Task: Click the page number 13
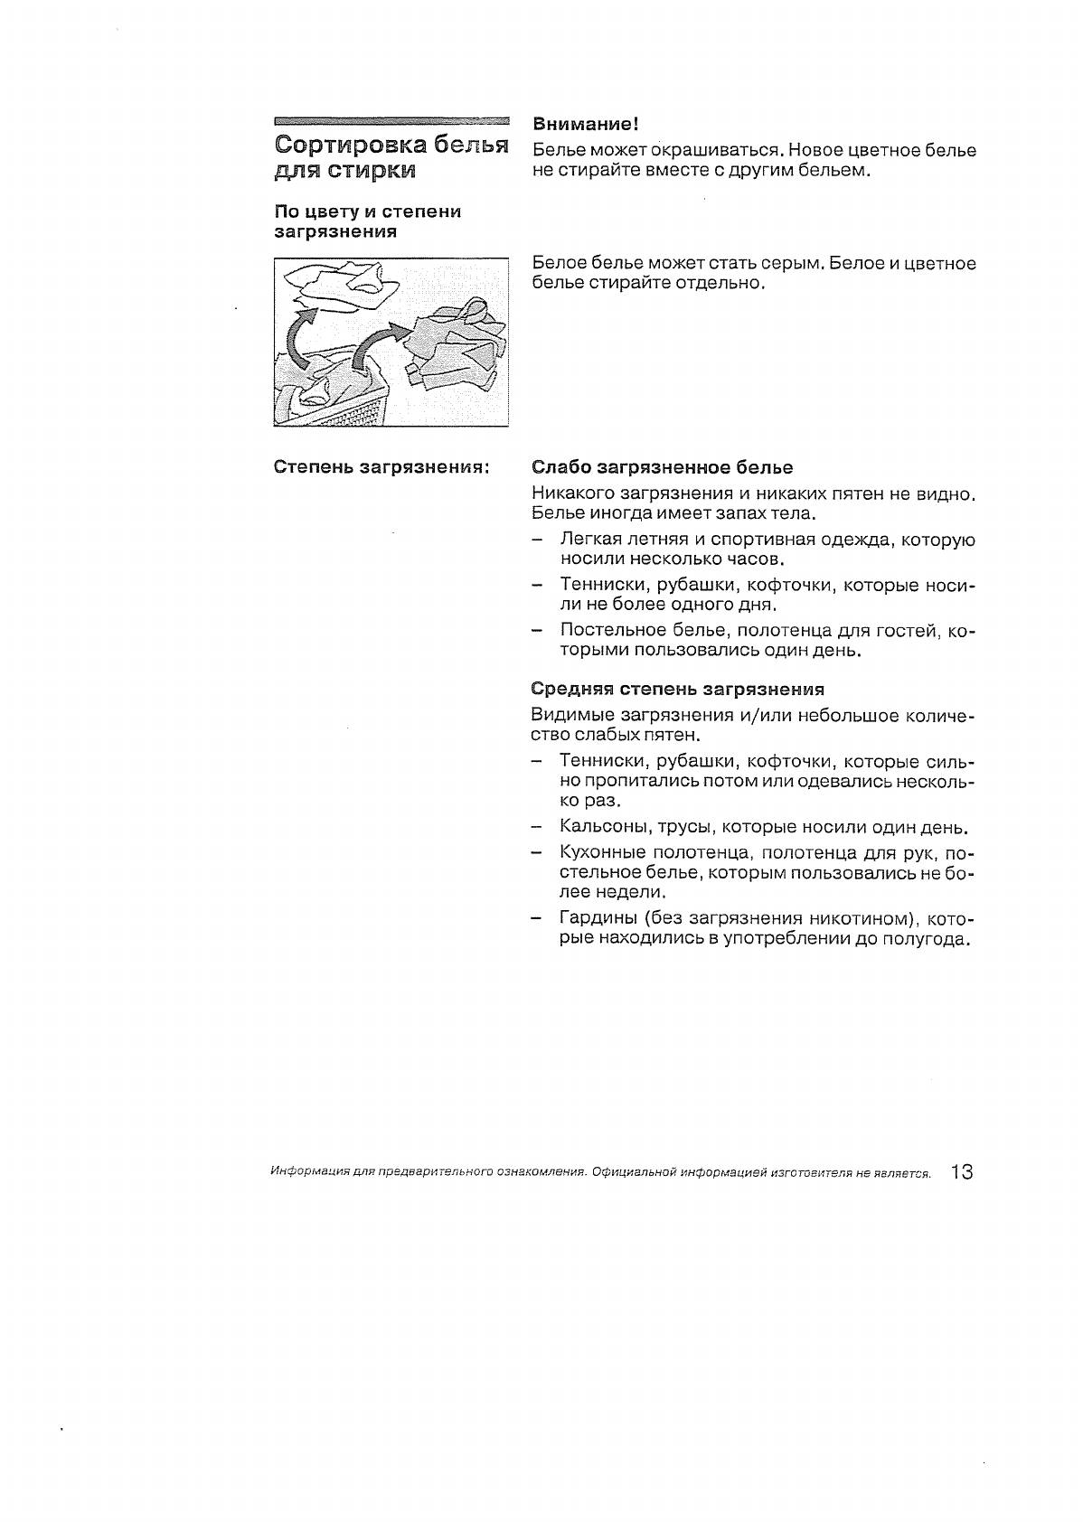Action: coord(961,1172)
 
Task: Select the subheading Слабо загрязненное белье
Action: coord(662,467)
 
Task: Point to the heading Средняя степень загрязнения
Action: coord(677,690)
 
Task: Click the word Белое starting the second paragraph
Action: coord(560,263)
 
